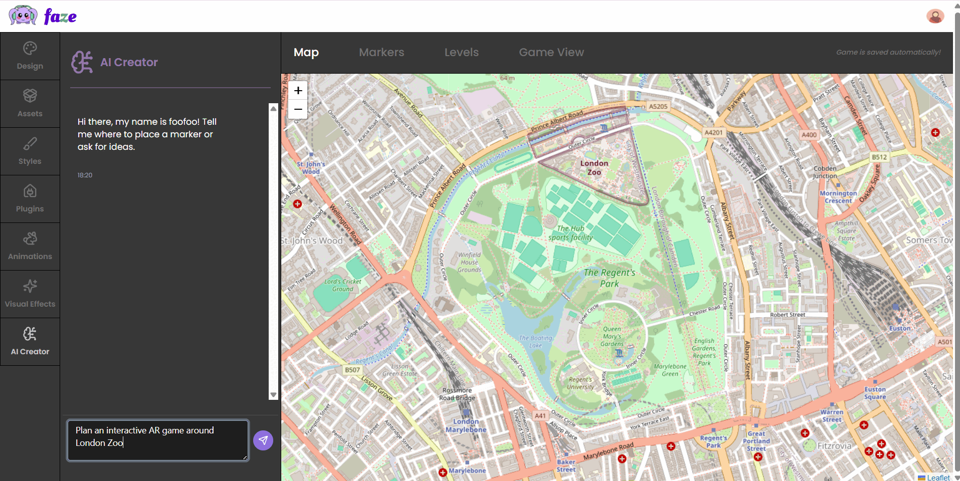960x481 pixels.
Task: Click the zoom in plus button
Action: point(298,91)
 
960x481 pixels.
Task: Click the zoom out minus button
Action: point(298,109)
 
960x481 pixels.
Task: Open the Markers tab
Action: point(381,52)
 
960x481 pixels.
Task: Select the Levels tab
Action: point(461,52)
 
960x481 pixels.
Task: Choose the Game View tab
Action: point(551,52)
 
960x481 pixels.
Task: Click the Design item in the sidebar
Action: point(30,56)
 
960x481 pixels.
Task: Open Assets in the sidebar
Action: point(30,104)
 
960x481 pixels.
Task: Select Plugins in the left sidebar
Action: point(30,199)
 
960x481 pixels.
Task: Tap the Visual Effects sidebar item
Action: point(30,294)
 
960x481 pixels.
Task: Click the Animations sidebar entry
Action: point(30,247)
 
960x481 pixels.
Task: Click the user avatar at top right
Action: point(935,17)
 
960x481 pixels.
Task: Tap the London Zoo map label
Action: point(594,168)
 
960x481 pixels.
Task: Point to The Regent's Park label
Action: point(609,278)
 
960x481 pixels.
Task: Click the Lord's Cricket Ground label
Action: point(342,285)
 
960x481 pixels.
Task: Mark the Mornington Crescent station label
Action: point(838,197)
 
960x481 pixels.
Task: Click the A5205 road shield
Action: point(658,106)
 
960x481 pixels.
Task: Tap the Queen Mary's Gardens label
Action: point(612,337)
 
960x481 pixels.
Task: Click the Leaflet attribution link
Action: point(938,477)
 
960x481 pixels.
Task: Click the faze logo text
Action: point(60,17)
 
